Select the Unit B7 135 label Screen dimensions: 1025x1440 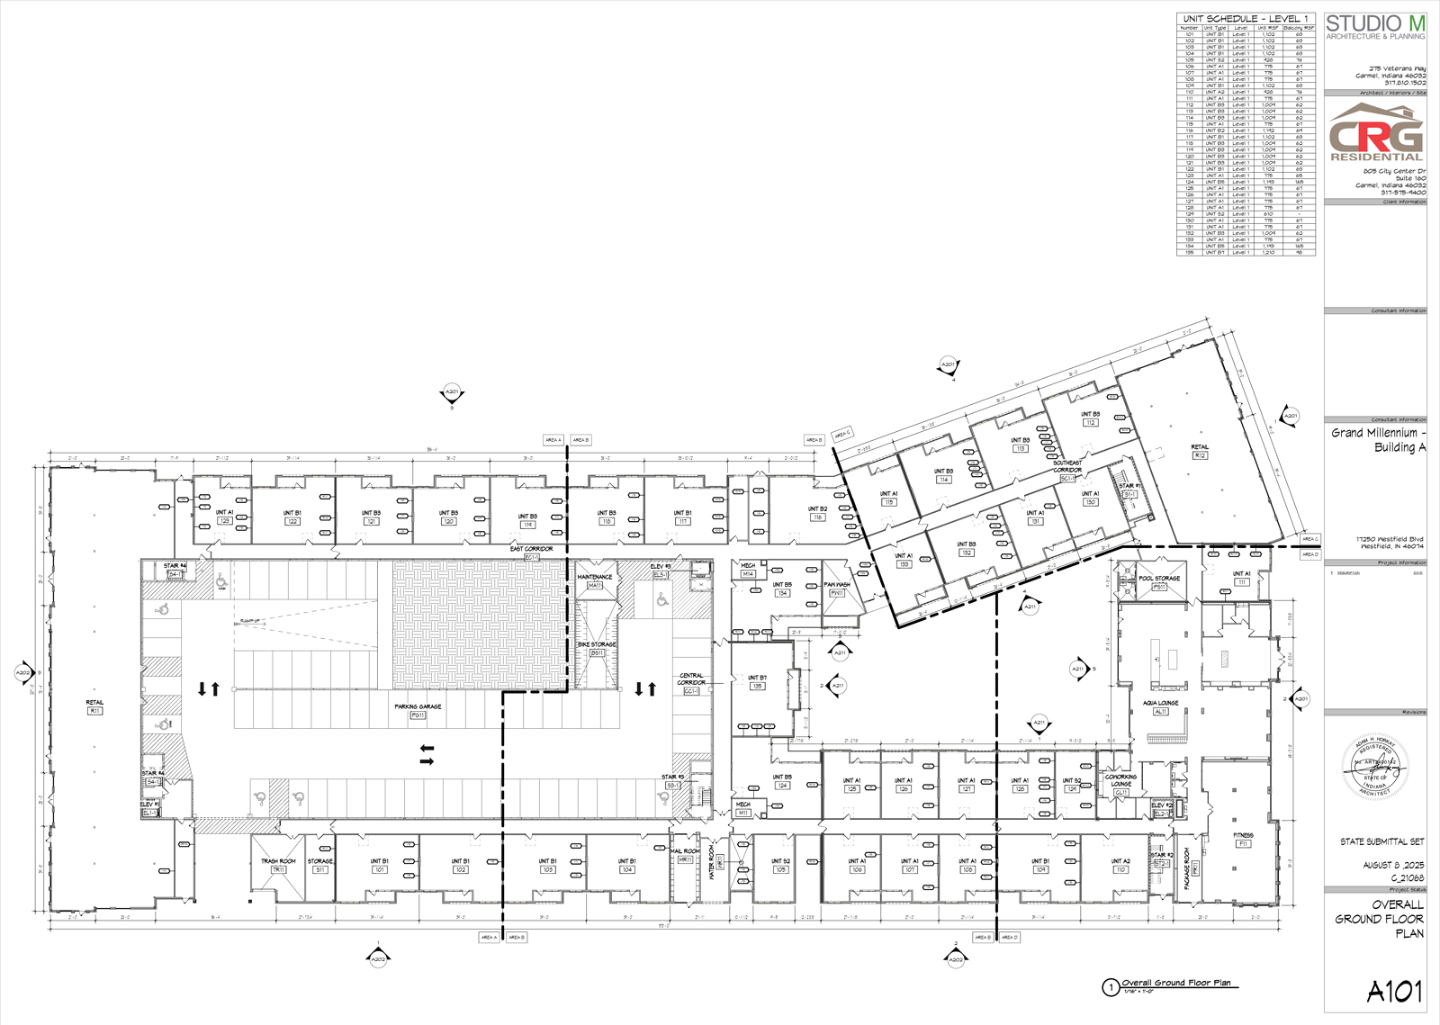tap(757, 681)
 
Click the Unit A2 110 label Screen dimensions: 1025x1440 tap(1120, 865)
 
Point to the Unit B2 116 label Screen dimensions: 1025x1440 tap(817, 513)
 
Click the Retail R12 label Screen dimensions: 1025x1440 tap(1200, 451)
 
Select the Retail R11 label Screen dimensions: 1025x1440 tap(94, 706)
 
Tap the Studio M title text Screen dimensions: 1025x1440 tap(1375, 24)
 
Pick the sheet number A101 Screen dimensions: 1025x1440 tap(1394, 991)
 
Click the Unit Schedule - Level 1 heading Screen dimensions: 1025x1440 tap(1246, 19)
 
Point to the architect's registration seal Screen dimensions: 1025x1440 tap(1375, 767)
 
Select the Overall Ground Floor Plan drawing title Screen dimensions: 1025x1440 tap(1175, 983)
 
